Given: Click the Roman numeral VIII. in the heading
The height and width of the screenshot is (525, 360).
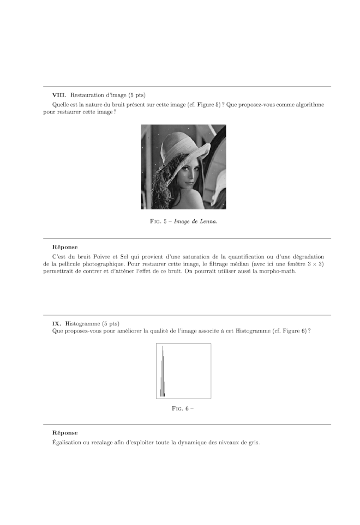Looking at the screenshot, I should [59, 95].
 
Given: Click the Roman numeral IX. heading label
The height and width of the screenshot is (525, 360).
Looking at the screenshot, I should [57, 323].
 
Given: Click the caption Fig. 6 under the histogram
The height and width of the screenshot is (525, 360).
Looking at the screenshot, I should [181, 409].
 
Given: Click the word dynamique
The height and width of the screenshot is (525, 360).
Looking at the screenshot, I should [195, 442].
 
